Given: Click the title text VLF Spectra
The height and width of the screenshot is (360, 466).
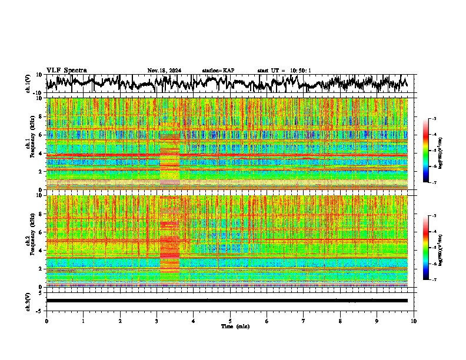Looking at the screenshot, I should [x=66, y=71].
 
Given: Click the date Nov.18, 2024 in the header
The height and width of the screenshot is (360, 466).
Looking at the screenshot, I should [x=164, y=71].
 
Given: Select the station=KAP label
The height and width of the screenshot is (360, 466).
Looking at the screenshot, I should [x=218, y=71].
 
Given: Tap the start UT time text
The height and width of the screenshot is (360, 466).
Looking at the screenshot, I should [x=284, y=71].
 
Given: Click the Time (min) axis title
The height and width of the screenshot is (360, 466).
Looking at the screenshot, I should [x=230, y=326].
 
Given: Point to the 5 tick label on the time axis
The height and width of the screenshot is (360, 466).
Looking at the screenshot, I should [x=230, y=321].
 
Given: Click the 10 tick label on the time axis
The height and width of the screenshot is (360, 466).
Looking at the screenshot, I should [x=414, y=321].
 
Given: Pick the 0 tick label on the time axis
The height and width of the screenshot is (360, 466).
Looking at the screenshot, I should [x=46, y=321].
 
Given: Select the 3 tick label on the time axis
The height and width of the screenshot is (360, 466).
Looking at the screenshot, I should [x=157, y=321].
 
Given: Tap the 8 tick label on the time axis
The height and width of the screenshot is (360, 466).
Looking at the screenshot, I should [x=340, y=321].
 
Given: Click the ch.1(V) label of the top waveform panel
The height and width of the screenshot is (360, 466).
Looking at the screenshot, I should [x=28, y=84].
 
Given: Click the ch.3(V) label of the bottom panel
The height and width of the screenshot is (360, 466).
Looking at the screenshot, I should [x=28, y=300].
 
